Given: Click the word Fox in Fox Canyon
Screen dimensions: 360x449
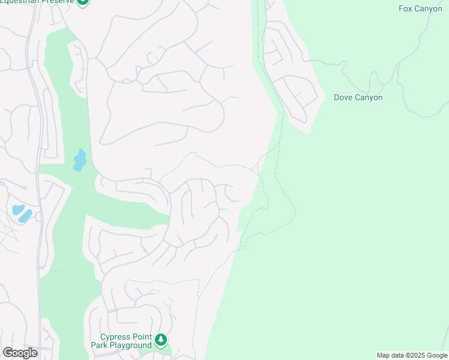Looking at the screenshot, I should [x=406, y=9].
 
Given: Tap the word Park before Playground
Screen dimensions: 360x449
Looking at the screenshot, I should [x=99, y=345].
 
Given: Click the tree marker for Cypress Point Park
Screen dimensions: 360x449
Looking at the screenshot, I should [x=160, y=340].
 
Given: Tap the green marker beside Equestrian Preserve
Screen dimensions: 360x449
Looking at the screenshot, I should [x=83, y=2].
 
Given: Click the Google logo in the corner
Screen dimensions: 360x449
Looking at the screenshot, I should [x=20, y=353].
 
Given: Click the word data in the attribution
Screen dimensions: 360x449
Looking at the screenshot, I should [x=400, y=356].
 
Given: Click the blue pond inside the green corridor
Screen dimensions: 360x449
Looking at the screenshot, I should [x=79, y=160].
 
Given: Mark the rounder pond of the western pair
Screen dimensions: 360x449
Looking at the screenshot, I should [x=17, y=210].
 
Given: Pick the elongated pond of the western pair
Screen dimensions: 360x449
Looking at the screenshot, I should [x=25, y=215].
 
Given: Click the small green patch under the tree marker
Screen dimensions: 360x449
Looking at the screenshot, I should [x=168, y=350].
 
